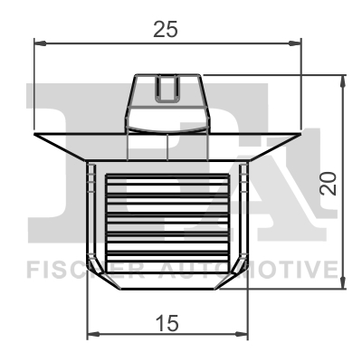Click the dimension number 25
click(x=166, y=29)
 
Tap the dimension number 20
click(x=329, y=184)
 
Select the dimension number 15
click(x=167, y=323)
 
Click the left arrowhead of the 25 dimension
click(x=40, y=43)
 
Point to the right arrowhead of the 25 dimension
click(x=295, y=43)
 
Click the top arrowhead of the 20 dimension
click(x=343, y=81)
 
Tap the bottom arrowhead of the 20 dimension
click(x=343, y=282)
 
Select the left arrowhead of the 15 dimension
click(x=93, y=334)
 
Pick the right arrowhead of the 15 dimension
click(x=242, y=334)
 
